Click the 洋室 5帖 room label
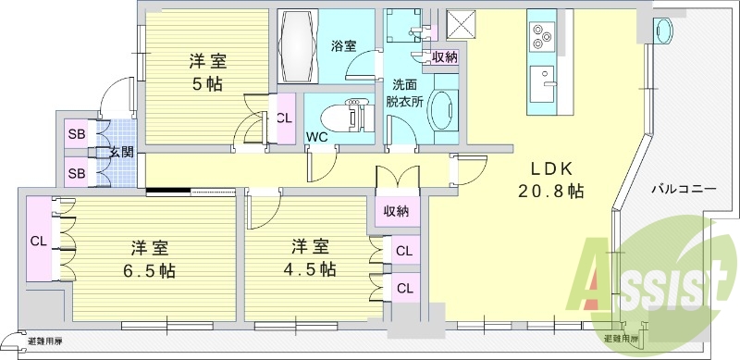(x=207, y=72)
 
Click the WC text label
(x=317, y=137)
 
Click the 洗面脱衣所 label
(x=404, y=93)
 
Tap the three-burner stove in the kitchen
(x=541, y=36)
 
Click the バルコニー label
(x=684, y=187)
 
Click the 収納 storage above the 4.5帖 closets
(x=397, y=210)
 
